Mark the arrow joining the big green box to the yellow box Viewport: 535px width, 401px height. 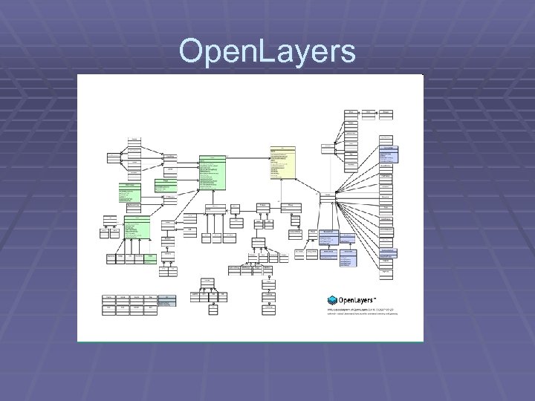coord(250,157)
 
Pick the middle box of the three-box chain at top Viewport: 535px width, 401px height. coord(369,113)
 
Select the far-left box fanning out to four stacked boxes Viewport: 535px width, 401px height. coord(112,157)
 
